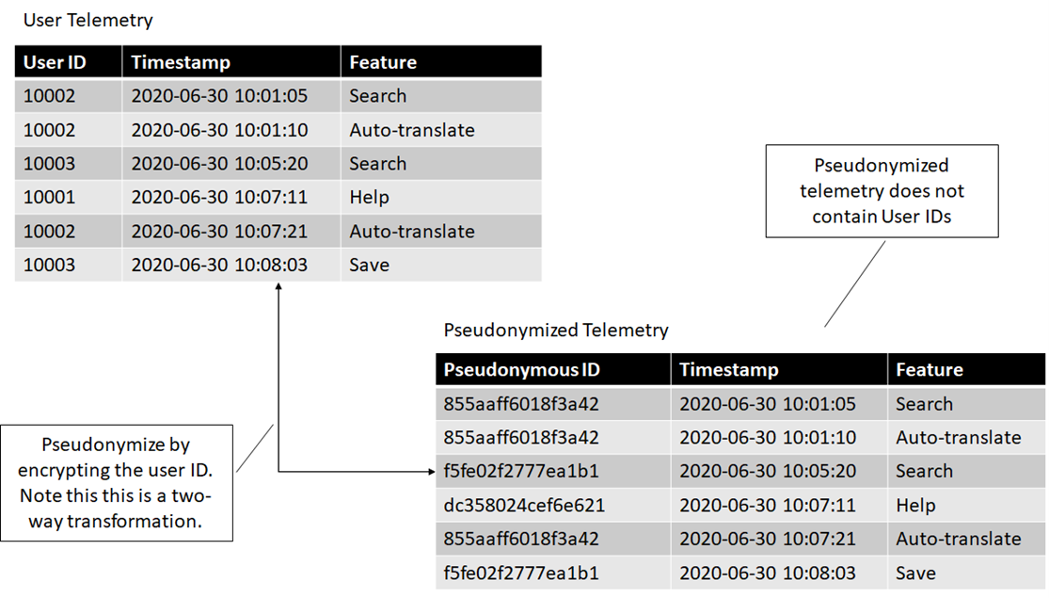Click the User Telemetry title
(x=88, y=21)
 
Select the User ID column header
(x=55, y=62)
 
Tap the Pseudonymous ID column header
(x=522, y=370)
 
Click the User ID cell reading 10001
(x=50, y=198)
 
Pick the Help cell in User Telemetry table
(x=370, y=198)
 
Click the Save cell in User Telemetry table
(x=370, y=266)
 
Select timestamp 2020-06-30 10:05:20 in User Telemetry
(x=219, y=164)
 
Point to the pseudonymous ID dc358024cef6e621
(x=524, y=505)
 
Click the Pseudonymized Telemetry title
(x=556, y=331)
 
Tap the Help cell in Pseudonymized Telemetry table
(x=915, y=505)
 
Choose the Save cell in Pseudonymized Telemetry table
(x=915, y=574)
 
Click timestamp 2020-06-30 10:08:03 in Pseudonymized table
(x=768, y=574)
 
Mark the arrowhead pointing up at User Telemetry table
(x=278, y=286)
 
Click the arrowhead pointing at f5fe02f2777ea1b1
(x=432, y=472)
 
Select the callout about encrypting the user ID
(x=117, y=483)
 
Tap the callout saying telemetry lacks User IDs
(x=882, y=191)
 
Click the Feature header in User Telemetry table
(x=383, y=62)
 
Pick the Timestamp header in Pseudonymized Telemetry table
(x=728, y=370)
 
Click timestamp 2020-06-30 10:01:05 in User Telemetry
(x=219, y=96)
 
